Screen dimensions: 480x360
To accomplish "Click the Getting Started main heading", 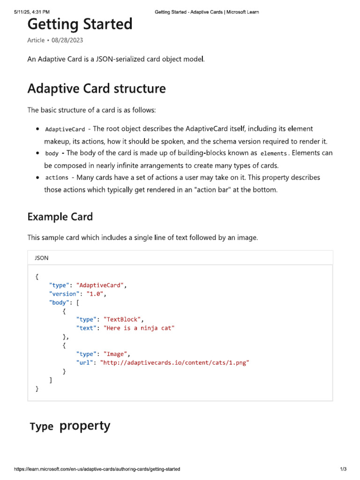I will tap(80, 24).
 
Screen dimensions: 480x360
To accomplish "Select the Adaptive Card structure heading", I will tap(96, 89).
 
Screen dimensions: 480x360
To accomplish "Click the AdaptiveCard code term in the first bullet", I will tap(65, 129).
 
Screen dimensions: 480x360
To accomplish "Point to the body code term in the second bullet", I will tap(52, 153).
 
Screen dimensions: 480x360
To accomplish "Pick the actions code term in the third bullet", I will tap(57, 178).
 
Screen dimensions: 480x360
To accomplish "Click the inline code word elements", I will tap(273, 153).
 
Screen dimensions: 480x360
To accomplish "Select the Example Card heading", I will tap(60, 217).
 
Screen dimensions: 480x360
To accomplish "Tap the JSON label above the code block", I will tap(41, 258).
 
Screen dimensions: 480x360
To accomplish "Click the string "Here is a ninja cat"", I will tap(139, 328).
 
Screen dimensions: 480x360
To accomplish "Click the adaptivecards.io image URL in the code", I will tap(174, 362).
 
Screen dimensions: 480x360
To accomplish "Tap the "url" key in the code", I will tap(85, 362).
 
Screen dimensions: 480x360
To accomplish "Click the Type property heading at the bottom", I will tap(70, 426).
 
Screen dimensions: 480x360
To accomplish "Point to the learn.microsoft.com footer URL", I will tap(97, 469).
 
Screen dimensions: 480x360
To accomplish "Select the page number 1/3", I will tap(343, 469).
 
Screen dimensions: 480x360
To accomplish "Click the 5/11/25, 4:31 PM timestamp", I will tap(32, 12).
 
